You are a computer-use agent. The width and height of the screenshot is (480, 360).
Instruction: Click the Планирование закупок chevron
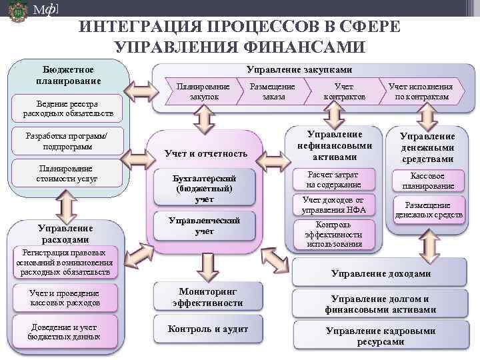coord(204,92)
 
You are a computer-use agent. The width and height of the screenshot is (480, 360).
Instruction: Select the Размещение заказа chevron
coord(273,92)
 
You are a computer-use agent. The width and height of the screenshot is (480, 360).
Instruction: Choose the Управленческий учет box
coord(204,225)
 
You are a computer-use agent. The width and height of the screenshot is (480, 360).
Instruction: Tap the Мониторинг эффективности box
coord(207,297)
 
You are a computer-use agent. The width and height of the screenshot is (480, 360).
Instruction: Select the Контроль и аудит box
coord(207,329)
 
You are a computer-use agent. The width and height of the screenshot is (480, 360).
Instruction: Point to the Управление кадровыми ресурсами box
coord(381,336)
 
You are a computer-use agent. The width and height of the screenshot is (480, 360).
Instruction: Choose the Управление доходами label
coord(381,273)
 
